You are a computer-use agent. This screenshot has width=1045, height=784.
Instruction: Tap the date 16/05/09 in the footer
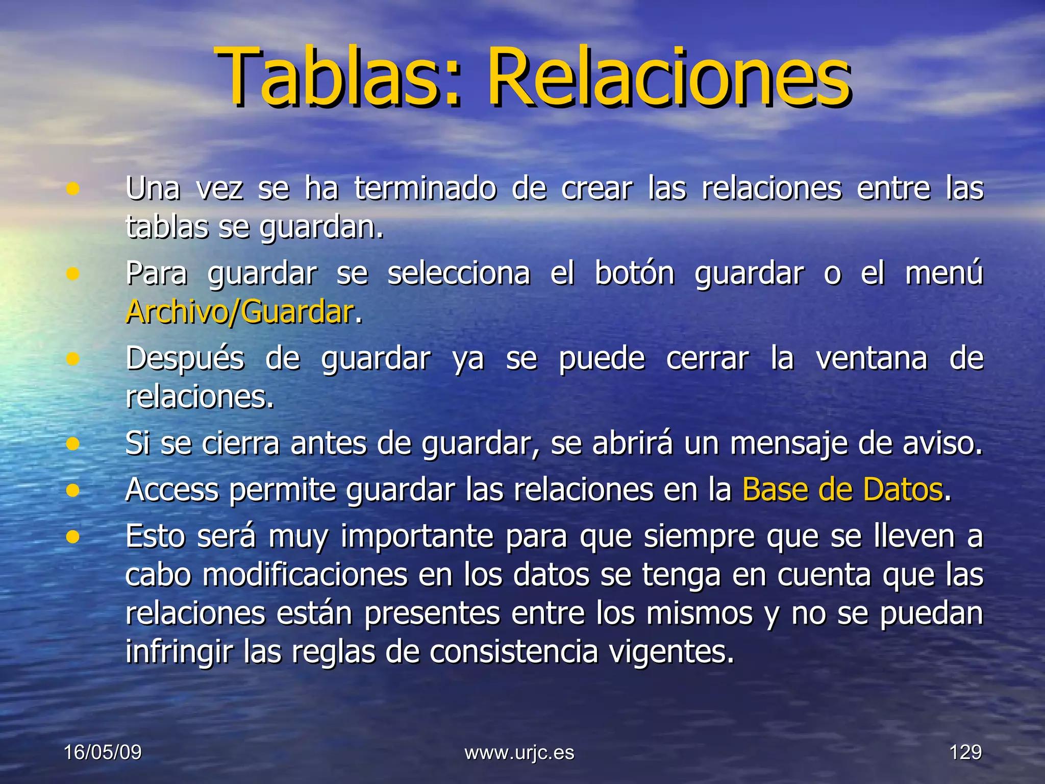click(103, 752)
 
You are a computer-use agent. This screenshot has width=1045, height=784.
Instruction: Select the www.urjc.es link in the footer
click(519, 752)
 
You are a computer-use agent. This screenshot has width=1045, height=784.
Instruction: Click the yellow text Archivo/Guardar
click(240, 312)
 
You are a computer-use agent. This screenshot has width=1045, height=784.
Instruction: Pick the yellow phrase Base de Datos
click(842, 490)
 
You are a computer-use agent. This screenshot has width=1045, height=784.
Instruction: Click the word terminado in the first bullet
click(425, 188)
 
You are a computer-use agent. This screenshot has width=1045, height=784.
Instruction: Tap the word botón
click(635, 274)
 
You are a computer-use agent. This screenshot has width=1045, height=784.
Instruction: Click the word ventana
click(872, 358)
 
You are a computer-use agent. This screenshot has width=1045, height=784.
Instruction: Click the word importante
click(417, 537)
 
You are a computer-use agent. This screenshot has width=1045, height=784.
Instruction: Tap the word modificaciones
click(305, 575)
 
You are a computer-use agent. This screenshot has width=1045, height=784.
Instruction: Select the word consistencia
click(513, 652)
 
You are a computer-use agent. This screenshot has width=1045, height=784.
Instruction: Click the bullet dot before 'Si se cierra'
click(73, 444)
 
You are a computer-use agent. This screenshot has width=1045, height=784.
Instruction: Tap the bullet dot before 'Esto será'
click(73, 537)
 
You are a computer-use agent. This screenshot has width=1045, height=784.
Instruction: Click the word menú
click(944, 273)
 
